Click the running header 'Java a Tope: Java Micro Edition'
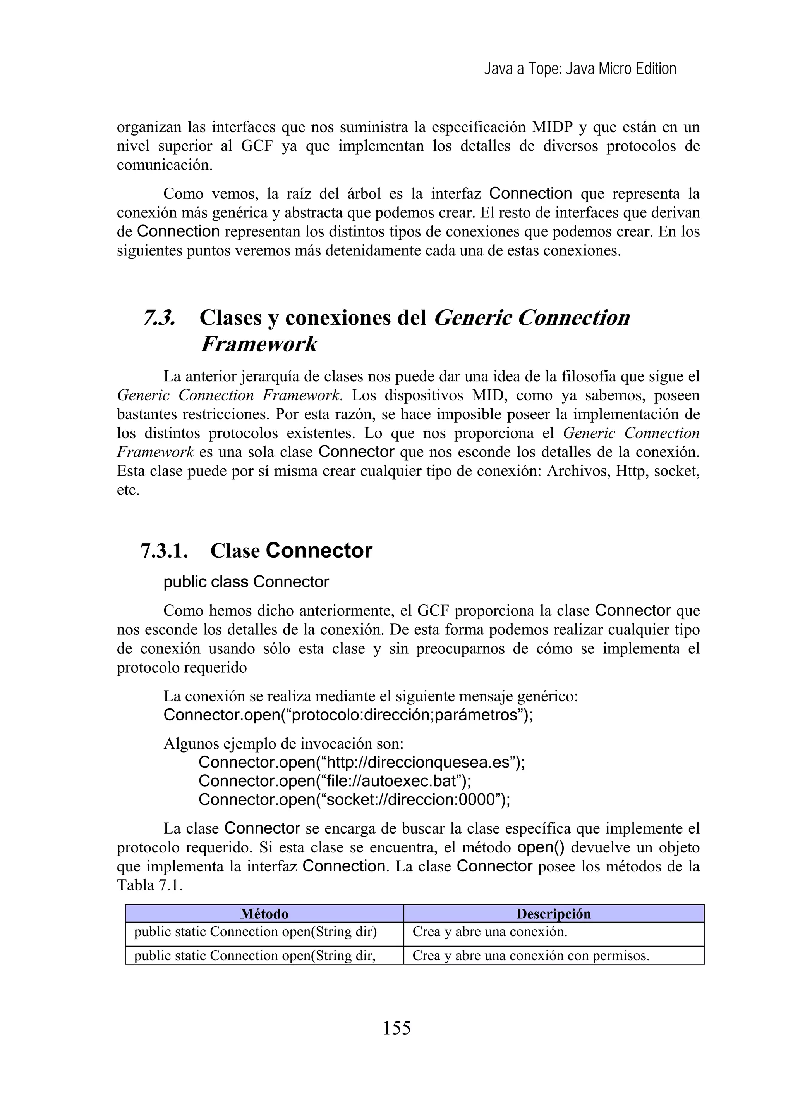580,69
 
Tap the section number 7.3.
159,318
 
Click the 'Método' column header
264,914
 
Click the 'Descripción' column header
553,914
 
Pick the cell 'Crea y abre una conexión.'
489,932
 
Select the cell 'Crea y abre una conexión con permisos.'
530,956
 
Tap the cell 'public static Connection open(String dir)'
255,932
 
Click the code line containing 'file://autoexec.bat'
335,781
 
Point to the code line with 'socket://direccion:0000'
354,800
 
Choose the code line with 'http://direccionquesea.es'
362,762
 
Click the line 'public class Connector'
246,582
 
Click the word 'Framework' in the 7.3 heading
259,344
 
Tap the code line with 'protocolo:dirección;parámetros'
348,715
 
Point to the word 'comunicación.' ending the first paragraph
165,165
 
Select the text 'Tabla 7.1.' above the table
150,886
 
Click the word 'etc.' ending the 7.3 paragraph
128,491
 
